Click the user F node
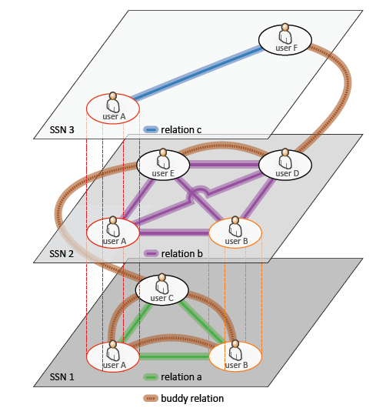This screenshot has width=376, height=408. point(285,40)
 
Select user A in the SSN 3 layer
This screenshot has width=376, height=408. point(113,109)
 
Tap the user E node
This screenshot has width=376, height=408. point(163,165)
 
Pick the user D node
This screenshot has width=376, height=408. point(285,165)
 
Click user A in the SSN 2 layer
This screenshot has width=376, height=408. point(113,233)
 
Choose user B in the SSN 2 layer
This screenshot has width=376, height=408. point(235,233)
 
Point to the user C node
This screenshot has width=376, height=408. point(162,289)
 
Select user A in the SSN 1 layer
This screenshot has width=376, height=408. point(113,356)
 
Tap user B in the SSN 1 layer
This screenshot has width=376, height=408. point(235,356)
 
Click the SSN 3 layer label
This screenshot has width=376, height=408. point(62,129)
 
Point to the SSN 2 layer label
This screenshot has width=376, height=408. point(62,254)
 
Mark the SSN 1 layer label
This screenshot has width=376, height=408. point(62,376)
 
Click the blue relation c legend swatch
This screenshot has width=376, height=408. point(151,129)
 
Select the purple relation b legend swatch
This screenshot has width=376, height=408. point(151,253)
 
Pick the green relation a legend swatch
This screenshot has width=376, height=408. point(151,376)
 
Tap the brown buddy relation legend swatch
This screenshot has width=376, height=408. point(151,398)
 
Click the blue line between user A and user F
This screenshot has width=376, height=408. point(198,73)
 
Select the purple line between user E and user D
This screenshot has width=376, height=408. point(225,165)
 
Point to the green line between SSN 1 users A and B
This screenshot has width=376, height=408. point(175,356)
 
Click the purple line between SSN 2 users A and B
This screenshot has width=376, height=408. point(175,232)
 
